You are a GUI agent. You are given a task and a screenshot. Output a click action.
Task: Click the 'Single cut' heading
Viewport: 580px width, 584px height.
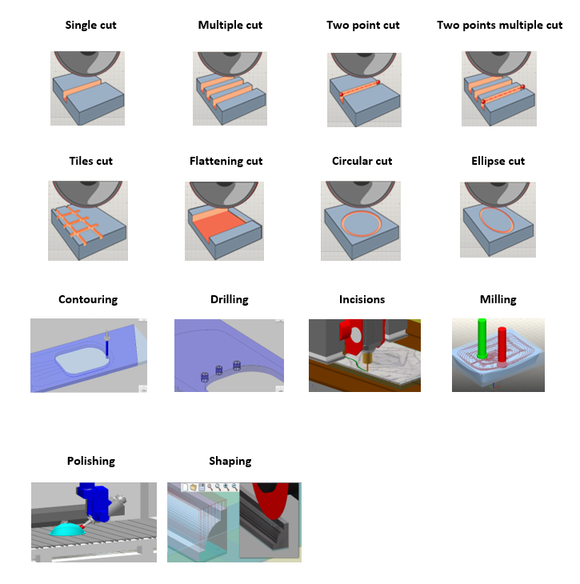click(x=90, y=25)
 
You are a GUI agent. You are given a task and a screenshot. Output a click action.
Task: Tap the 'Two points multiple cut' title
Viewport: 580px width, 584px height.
click(x=499, y=25)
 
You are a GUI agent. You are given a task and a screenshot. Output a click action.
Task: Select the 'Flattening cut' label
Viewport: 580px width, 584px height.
click(x=226, y=161)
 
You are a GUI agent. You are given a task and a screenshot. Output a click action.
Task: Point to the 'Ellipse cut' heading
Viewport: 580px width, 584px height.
click(x=498, y=161)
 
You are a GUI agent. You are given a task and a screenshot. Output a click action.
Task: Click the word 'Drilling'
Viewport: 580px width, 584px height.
click(x=229, y=299)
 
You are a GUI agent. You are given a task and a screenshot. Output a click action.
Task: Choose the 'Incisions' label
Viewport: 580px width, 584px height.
click(x=362, y=299)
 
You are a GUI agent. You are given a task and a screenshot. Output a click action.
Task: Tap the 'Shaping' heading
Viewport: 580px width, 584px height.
click(x=230, y=461)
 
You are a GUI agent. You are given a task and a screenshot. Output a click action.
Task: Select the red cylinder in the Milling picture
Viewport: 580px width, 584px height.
click(x=502, y=345)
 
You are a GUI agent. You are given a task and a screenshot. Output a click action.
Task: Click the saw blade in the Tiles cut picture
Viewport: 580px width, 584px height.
click(x=87, y=193)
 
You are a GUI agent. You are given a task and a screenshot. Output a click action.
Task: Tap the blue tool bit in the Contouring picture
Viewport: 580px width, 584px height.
click(x=107, y=349)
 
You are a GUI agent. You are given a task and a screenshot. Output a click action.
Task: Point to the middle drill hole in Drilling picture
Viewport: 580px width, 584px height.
click(x=219, y=370)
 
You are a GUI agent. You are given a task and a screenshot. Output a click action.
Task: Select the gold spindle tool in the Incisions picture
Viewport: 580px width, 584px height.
click(x=368, y=358)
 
